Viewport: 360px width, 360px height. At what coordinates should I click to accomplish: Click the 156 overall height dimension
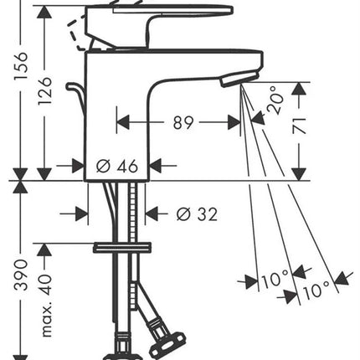22,65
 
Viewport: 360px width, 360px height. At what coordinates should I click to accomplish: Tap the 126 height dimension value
45,91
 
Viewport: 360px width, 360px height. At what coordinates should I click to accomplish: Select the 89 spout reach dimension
183,122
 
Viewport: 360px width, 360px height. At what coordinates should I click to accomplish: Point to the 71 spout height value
299,126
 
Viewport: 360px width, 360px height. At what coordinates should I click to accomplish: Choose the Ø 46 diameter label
117,167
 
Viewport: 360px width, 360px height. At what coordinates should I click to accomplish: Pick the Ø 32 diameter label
197,214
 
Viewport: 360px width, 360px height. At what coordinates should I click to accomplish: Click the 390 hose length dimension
22,275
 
